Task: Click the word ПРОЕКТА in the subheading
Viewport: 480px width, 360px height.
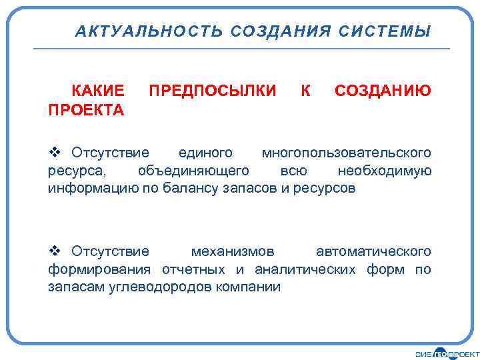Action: tap(86, 109)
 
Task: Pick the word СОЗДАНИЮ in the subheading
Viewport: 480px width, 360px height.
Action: tap(383, 91)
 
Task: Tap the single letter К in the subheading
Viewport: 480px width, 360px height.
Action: tap(305, 91)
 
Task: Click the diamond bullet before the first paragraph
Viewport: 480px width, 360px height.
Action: tap(55, 153)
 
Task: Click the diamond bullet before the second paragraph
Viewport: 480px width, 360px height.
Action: tap(55, 251)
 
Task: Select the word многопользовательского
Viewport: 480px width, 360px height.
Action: tap(346, 153)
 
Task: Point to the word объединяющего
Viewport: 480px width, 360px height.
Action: tap(194, 171)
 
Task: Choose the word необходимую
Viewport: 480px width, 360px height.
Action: tap(385, 171)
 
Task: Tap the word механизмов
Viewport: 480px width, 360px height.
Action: tap(233, 252)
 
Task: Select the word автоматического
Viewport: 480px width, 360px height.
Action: tap(373, 252)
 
